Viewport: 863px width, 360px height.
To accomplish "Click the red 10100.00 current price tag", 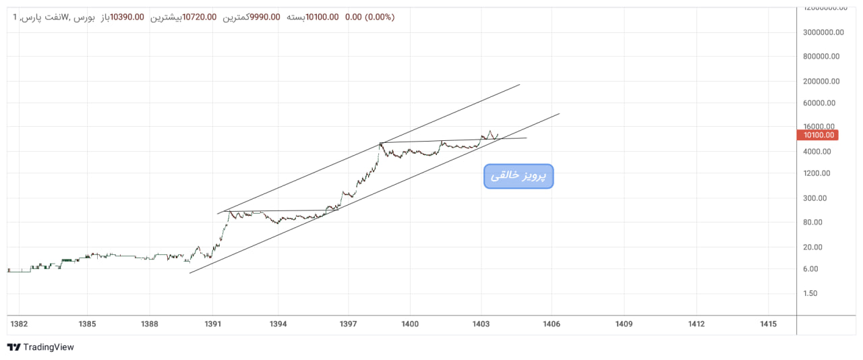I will [x=819, y=135].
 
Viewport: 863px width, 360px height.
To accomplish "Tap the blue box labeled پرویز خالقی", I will [x=518, y=176].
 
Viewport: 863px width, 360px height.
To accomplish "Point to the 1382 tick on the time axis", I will [x=19, y=324].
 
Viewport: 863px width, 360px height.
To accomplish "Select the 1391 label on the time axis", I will [x=213, y=324].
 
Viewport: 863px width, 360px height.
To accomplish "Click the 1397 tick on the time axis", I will [x=348, y=324].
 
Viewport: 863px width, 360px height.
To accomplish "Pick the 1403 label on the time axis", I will [x=481, y=324].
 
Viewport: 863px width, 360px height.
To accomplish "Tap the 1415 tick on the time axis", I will [x=768, y=324].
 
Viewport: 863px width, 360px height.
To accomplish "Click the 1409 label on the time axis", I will [x=624, y=324].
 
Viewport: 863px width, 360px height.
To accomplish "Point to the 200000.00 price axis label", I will [x=821, y=82].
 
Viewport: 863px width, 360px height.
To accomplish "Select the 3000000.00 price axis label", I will [x=821, y=32].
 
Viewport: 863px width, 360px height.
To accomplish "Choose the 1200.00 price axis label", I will [x=816, y=173].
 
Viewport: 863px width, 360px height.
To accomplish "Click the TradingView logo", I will [x=40, y=347].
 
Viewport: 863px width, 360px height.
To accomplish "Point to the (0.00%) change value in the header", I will [x=380, y=17].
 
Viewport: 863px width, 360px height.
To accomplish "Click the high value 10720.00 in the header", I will [x=200, y=17].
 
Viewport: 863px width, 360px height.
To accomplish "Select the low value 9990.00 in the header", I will [x=265, y=17].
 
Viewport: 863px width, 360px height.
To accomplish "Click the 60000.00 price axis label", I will [x=819, y=103].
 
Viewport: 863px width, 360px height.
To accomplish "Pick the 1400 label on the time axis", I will [x=410, y=324].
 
